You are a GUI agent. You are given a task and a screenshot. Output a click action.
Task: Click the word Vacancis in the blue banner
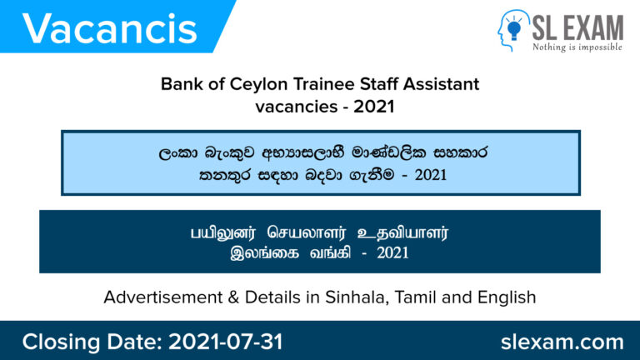(x=110, y=29)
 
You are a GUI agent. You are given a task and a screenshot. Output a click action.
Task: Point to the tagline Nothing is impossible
(x=577, y=47)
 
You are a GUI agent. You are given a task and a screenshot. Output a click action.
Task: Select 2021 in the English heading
(x=365, y=107)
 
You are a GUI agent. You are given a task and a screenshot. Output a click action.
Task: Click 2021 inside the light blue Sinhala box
(x=424, y=175)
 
